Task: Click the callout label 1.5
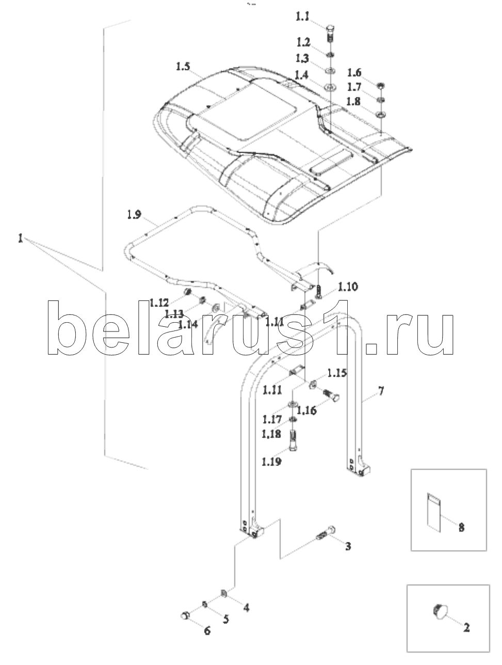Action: [x=183, y=67]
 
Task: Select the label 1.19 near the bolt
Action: [x=271, y=461]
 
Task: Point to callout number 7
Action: [x=380, y=391]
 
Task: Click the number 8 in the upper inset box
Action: [x=461, y=528]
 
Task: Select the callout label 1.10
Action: [x=348, y=286]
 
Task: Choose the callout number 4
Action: [x=246, y=608]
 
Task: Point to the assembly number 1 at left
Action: [x=20, y=239]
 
